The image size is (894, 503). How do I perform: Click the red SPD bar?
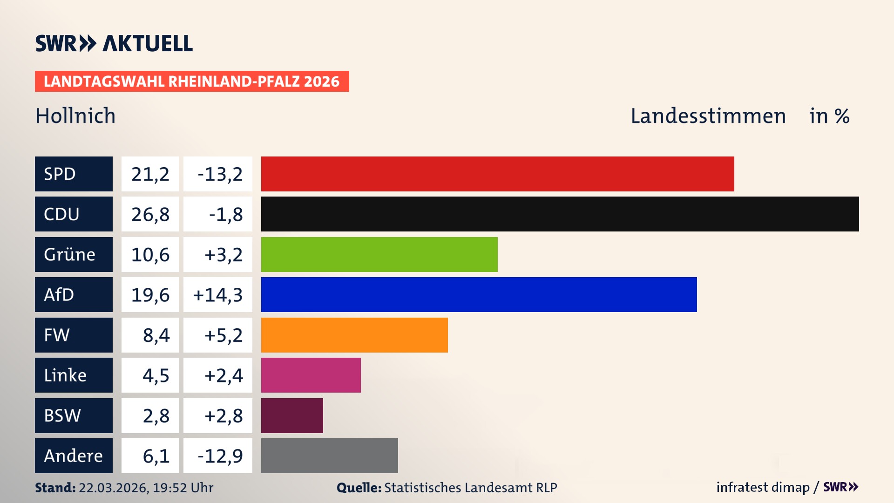click(x=497, y=174)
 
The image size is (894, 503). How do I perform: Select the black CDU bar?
click(x=560, y=214)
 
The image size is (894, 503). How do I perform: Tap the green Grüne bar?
click(x=379, y=254)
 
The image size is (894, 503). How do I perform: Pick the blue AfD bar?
click(x=479, y=294)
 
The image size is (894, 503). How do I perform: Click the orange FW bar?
click(x=354, y=335)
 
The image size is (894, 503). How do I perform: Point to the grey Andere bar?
click(x=329, y=455)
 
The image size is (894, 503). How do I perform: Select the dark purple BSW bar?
click(x=292, y=415)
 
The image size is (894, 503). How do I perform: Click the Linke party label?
click(x=74, y=375)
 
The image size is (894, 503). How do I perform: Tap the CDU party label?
click(x=74, y=214)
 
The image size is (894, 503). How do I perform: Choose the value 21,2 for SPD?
click(x=150, y=174)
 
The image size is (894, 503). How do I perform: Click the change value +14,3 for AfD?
click(x=218, y=295)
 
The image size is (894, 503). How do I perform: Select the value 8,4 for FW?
click(x=156, y=335)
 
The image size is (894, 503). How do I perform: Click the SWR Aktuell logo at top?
click(x=114, y=43)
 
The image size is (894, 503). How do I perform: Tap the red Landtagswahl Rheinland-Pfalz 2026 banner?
click(x=192, y=82)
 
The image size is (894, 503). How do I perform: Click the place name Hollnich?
click(x=75, y=116)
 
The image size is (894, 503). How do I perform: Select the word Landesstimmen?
click(x=708, y=116)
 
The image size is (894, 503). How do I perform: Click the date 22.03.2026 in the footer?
click(x=113, y=488)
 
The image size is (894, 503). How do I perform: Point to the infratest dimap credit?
click(x=763, y=487)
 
